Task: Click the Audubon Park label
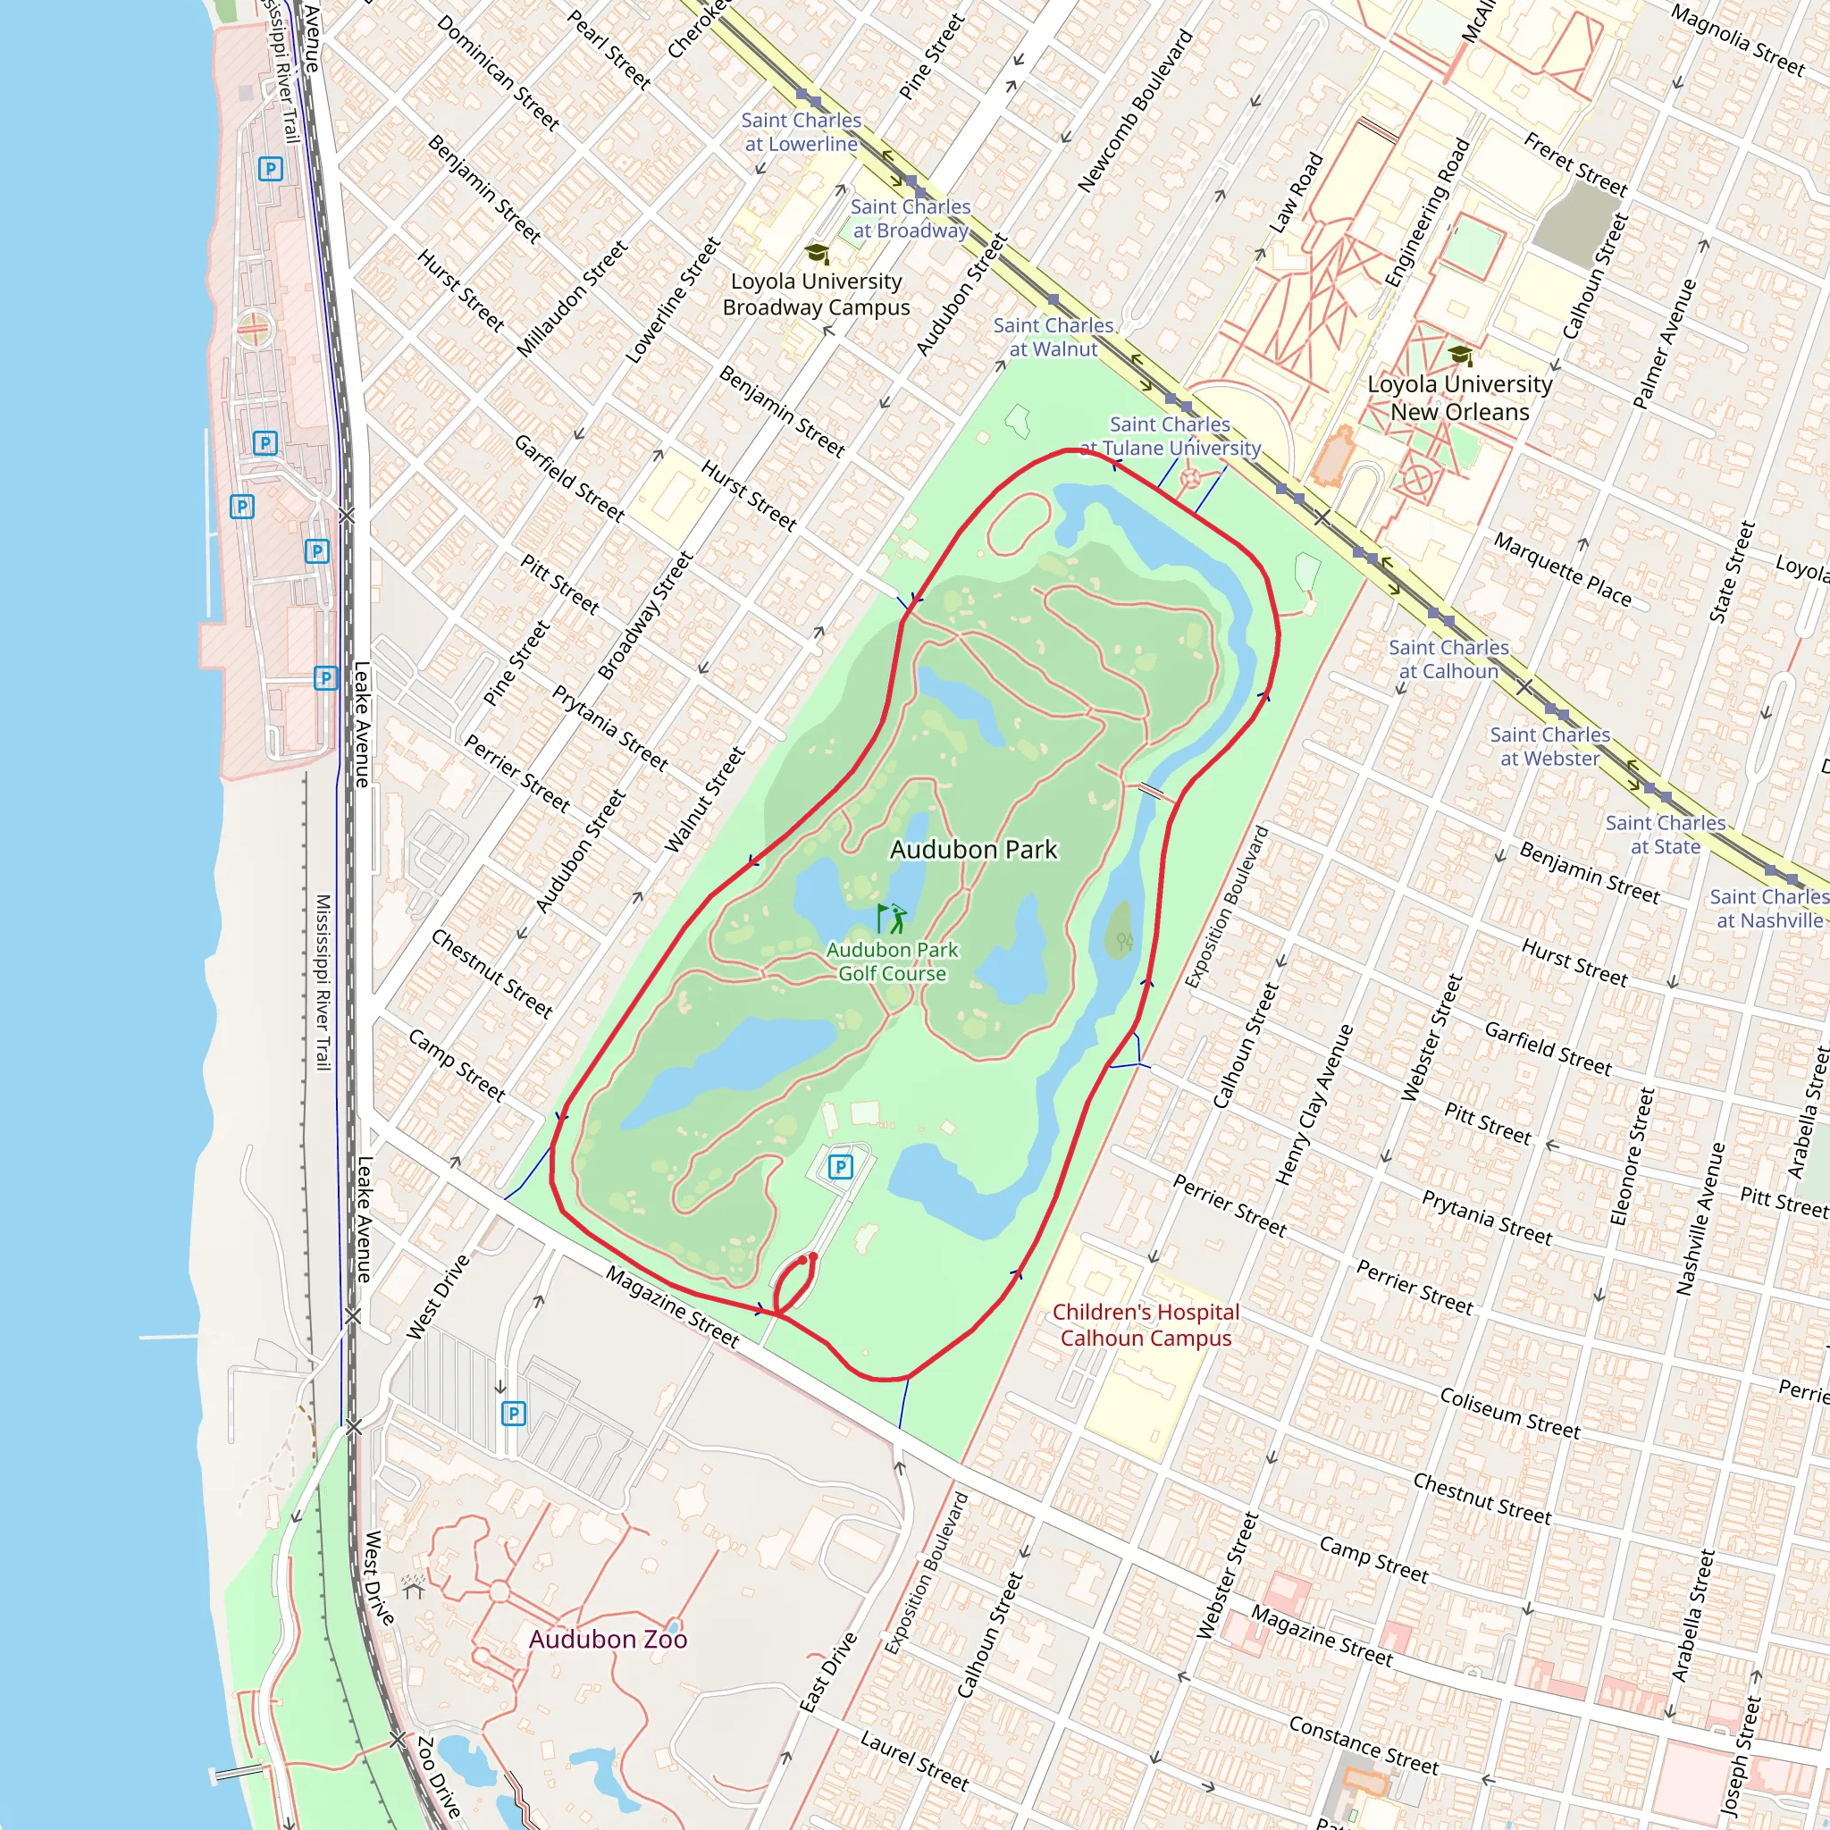pos(973,850)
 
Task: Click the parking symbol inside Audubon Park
pos(840,1167)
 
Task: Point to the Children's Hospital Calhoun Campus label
pos(1146,1324)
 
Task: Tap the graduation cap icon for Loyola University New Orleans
pos(1460,356)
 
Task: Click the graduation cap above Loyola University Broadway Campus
pos(817,254)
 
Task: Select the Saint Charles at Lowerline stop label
pos(801,131)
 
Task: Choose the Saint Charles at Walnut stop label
pos(1054,336)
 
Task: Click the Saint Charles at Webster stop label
pos(1549,746)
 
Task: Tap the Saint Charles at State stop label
pos(1666,835)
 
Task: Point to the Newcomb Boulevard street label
pos(1135,111)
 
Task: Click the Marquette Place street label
pos(1562,569)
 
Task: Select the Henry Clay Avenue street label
pos(1314,1104)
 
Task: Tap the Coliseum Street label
pos(1509,1414)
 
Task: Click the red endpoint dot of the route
pos(813,1257)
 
